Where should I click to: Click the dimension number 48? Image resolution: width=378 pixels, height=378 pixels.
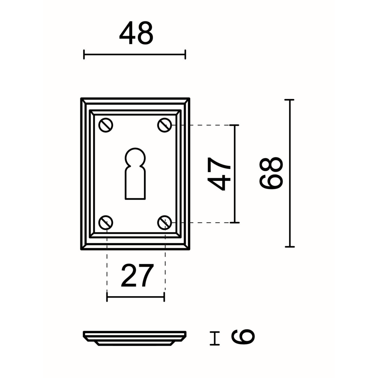pyautogui.click(x=136, y=33)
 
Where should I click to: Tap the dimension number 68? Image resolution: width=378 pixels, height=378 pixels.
pyautogui.click(x=271, y=173)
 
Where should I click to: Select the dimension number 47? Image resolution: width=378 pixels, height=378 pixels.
pyautogui.click(x=219, y=174)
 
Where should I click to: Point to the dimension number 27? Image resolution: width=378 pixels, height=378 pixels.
pyautogui.click(x=137, y=275)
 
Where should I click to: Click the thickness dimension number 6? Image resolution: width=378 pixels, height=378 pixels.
pyautogui.click(x=243, y=337)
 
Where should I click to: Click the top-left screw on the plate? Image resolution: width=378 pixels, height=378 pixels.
pyautogui.click(x=106, y=125)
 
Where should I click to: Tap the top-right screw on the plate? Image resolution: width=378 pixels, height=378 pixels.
pyautogui.click(x=164, y=125)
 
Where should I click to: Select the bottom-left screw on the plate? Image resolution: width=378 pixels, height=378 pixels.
pyautogui.click(x=106, y=222)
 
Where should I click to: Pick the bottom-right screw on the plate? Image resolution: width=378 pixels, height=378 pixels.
pyautogui.click(x=164, y=222)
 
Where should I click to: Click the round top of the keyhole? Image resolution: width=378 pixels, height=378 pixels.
pyautogui.click(x=135, y=157)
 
